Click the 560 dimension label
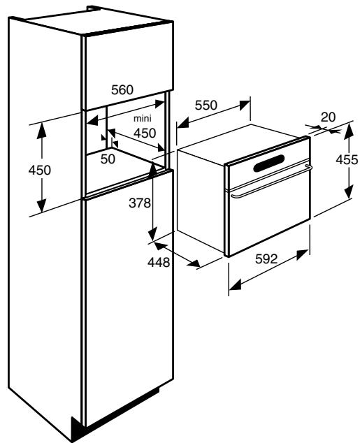122,90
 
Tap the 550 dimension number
206,106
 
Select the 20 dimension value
328,117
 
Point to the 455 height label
347,160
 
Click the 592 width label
266,259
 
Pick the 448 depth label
159,263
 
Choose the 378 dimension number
140,203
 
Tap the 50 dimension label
108,159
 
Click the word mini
143,118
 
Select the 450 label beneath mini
145,133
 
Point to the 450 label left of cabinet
40,170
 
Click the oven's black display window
268,164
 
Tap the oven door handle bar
271,181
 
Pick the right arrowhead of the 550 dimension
245,105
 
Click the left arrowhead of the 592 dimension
235,285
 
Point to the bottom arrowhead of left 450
41,206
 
